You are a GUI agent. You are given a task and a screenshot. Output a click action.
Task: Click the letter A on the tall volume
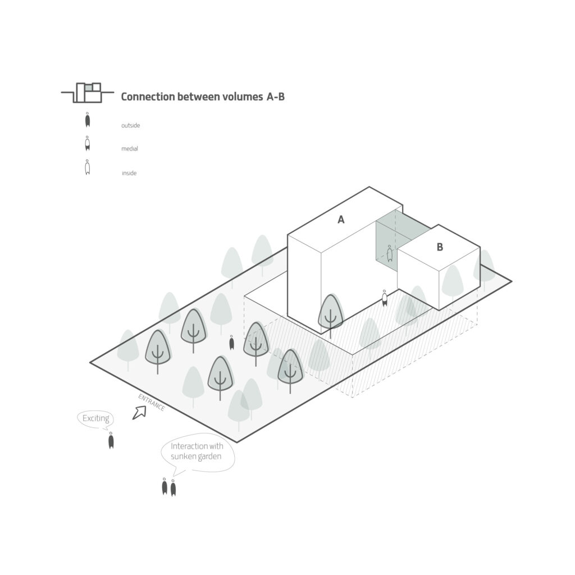tap(341, 220)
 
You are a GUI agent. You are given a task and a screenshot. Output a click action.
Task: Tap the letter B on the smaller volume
tap(440, 247)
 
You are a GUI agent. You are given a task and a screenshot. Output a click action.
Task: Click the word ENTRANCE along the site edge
tap(152, 402)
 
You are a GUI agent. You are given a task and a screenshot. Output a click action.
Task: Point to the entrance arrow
tap(139, 413)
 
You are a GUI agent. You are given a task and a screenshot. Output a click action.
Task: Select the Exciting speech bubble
tap(95, 419)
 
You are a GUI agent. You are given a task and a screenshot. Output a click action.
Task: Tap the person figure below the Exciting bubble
tap(111, 440)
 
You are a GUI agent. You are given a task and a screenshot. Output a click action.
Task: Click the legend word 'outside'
tap(130, 125)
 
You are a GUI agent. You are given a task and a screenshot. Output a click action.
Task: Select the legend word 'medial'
tap(130, 149)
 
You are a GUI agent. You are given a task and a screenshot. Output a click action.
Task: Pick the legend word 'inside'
tap(129, 173)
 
